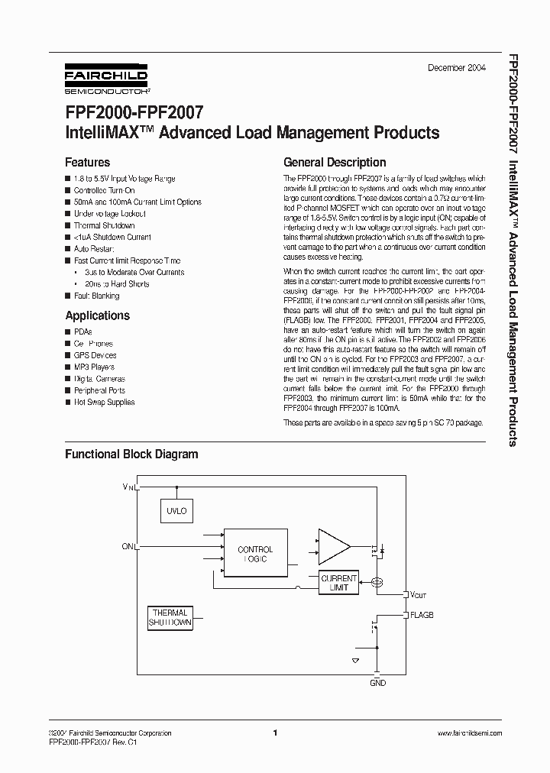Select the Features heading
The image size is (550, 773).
point(87,163)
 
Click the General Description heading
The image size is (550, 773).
point(335,163)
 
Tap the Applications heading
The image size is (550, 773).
point(97,315)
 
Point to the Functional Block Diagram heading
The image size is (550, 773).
point(131,454)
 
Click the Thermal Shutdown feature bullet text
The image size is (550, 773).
point(104,225)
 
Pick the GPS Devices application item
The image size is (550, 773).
point(95,355)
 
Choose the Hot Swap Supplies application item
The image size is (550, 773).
point(104,402)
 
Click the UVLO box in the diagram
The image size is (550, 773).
point(176,510)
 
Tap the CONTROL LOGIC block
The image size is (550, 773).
point(255,554)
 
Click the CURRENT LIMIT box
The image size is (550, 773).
point(338,583)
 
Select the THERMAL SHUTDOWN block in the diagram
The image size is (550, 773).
point(170,618)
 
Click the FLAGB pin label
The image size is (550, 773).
point(422,615)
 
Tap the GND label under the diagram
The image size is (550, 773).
point(377,682)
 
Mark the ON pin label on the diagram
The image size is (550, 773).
point(128,546)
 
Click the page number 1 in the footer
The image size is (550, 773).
point(274,733)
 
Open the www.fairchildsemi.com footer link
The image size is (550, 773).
point(469,733)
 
